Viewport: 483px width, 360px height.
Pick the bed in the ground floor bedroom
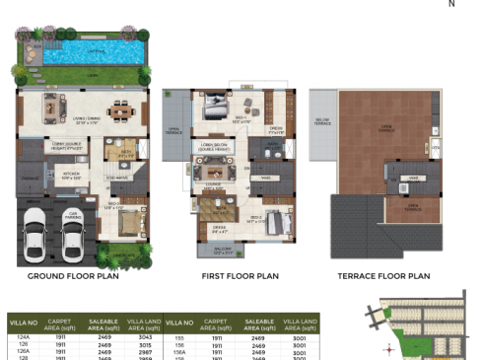click(x=128, y=221)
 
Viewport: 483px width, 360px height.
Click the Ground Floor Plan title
click(x=73, y=278)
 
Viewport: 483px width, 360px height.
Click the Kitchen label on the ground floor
click(x=70, y=177)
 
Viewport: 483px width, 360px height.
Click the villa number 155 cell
click(x=179, y=337)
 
